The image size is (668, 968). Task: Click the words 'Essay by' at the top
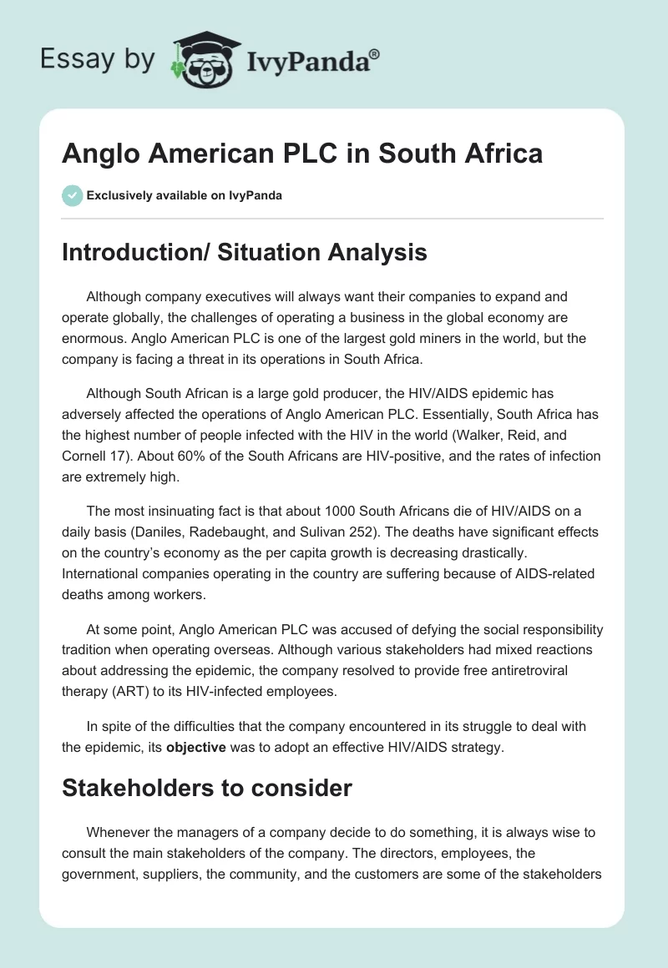coord(99,59)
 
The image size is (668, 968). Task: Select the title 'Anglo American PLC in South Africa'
coord(302,154)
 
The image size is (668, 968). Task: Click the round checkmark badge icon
coord(72,195)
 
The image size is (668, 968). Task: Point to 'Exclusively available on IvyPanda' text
coord(184,196)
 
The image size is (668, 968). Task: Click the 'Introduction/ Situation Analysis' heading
coord(245,252)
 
